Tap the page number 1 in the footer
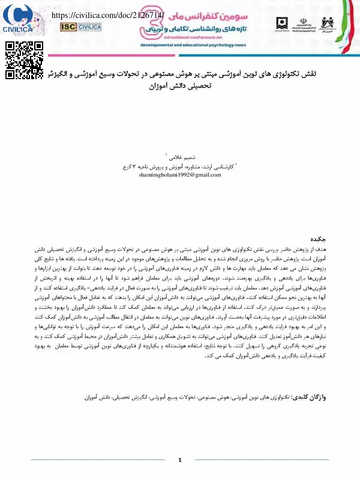[x=180, y=460]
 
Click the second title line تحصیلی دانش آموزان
[x=180, y=86]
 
